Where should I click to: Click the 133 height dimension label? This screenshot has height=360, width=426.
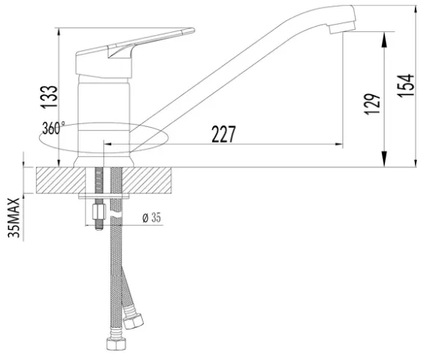coord(49,97)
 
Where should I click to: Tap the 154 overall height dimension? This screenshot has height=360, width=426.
coord(406,85)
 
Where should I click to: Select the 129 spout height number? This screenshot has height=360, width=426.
coord(372,105)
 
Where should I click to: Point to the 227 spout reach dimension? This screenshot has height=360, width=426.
coord(223,134)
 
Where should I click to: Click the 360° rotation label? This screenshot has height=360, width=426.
coord(54,128)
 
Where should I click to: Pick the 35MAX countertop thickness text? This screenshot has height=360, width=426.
coord(14,218)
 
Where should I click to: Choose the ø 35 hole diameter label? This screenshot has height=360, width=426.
coord(152,217)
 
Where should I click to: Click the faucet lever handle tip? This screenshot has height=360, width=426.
coord(193,30)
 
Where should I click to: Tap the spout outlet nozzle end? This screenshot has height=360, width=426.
coord(342,28)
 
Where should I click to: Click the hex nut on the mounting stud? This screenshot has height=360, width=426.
coord(99,212)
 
